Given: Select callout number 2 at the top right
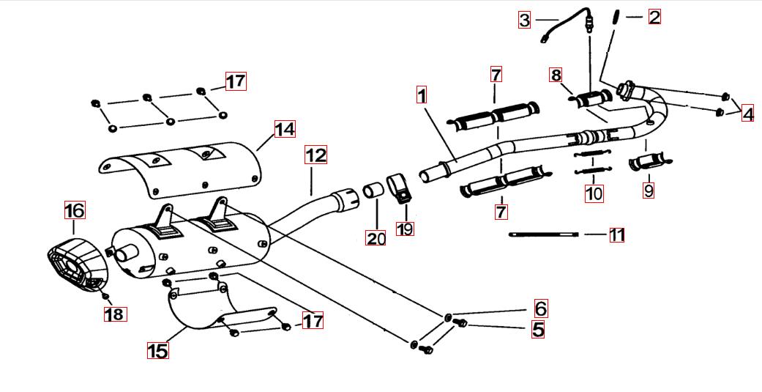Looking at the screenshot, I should tap(654, 16).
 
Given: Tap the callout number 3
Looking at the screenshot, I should tap(524, 20).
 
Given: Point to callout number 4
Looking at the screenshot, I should tap(747, 114).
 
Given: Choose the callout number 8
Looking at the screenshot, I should tap(556, 75).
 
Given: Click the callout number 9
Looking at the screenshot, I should tap(649, 191).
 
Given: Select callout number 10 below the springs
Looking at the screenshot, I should tap(594, 194).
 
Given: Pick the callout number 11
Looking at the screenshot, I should tap(617, 235).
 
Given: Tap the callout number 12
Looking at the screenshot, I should tap(316, 155).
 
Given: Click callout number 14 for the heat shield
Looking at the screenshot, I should tap(285, 129).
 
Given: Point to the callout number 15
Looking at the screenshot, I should tap(157, 351).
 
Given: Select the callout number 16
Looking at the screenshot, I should tap(74, 211).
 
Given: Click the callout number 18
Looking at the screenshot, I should tap(115, 314).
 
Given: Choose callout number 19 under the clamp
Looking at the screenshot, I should tap(405, 229).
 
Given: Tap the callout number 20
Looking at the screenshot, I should tap(376, 237).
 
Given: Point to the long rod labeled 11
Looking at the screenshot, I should tap(545, 234).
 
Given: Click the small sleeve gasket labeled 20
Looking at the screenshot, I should tap(375, 190).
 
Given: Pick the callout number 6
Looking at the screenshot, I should tap(540, 308).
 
